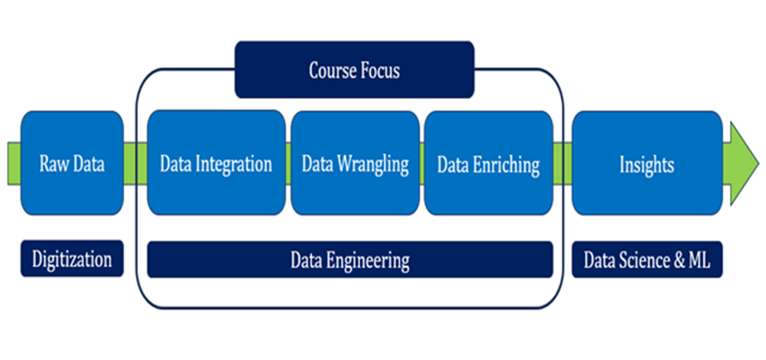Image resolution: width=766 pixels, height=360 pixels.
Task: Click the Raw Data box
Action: (x=71, y=163)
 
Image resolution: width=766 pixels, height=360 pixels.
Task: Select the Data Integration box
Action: (x=216, y=163)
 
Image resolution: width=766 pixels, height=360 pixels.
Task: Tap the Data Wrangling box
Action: (x=355, y=163)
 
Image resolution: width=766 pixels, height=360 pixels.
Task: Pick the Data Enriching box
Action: (x=489, y=163)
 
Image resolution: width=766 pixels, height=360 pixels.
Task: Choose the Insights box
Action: (x=647, y=163)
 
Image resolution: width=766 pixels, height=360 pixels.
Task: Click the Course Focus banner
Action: (x=354, y=70)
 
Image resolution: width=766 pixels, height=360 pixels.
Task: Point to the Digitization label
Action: (x=71, y=259)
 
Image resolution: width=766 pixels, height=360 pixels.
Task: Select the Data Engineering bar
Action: (x=350, y=259)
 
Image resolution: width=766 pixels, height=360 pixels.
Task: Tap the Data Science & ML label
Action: (x=647, y=259)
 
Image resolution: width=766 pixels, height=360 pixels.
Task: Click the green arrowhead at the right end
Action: (x=743, y=163)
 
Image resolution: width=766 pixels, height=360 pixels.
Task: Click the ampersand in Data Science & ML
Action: (x=677, y=261)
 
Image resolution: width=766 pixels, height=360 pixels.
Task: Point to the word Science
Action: (x=644, y=261)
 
